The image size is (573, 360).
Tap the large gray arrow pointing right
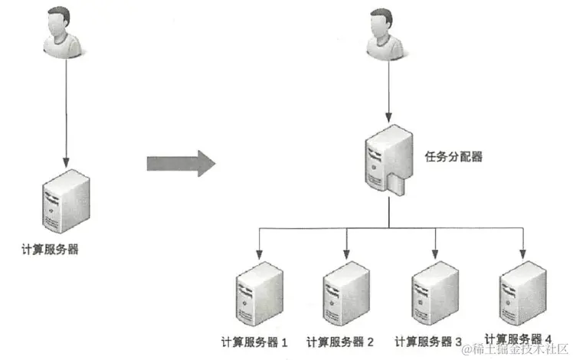point(181,162)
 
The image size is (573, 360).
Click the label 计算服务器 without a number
point(51,250)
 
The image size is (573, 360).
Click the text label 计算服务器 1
point(254,341)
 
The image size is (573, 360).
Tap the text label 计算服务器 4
point(519,339)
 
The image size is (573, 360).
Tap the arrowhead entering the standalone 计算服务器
point(67,162)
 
